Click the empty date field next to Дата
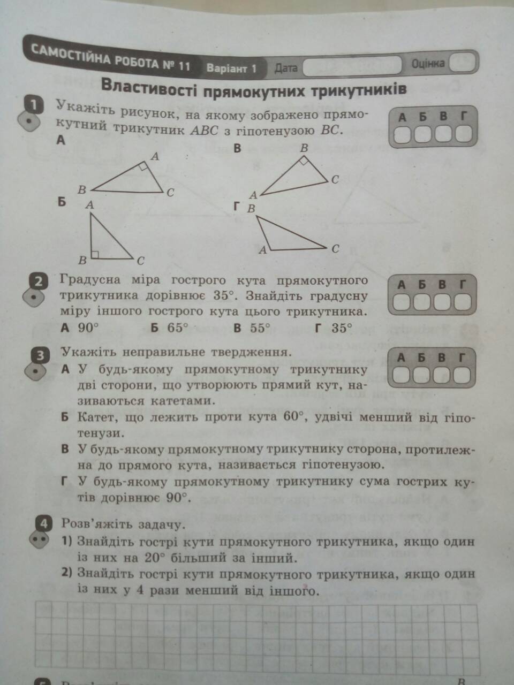[x=352, y=66]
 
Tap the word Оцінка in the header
[x=428, y=63]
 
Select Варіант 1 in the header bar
[x=231, y=68]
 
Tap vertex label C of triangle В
[x=335, y=180]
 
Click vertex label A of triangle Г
[x=262, y=249]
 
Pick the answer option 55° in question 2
[x=260, y=328]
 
